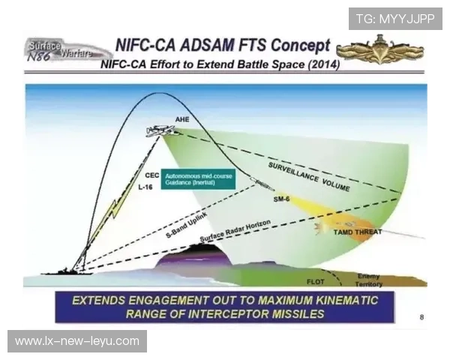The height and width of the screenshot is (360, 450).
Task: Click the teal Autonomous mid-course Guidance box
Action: tap(198, 178)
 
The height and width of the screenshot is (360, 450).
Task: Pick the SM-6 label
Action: tap(281, 199)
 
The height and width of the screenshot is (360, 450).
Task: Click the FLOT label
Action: tap(315, 281)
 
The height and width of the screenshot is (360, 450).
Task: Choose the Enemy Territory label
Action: tap(369, 280)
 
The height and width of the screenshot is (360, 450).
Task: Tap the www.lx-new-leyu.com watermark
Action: tap(77, 341)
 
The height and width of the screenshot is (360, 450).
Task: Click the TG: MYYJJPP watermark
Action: tap(395, 18)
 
